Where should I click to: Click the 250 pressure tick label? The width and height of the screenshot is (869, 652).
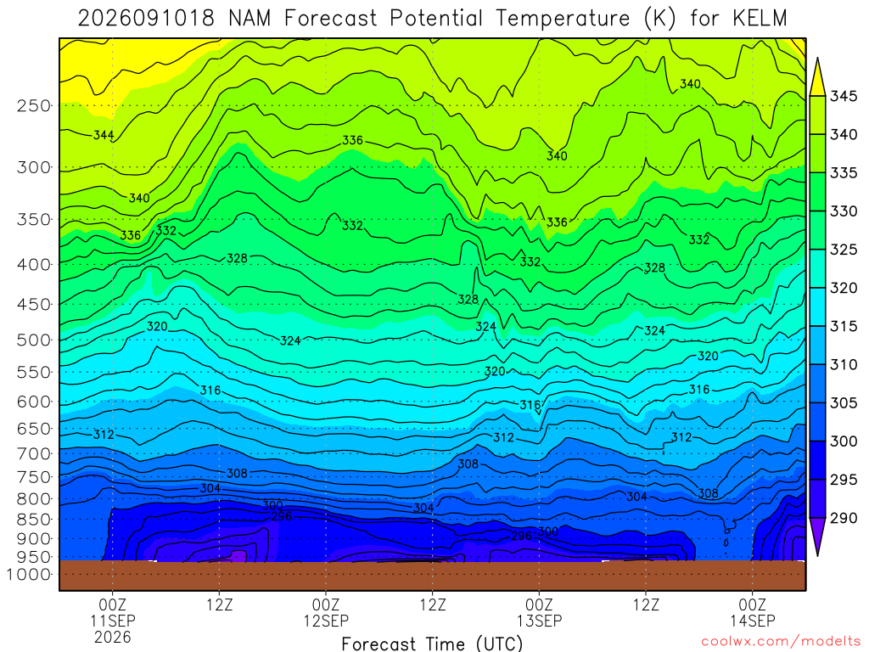click(x=33, y=105)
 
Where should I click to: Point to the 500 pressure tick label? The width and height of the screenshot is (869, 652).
click(x=33, y=340)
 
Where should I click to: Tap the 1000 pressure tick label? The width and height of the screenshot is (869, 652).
click(x=29, y=575)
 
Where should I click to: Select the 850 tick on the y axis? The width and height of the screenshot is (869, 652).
click(x=33, y=520)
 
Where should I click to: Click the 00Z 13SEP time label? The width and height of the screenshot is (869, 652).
click(x=539, y=612)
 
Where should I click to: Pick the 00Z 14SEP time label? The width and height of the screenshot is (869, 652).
click(x=753, y=612)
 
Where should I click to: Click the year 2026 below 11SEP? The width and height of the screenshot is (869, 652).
click(x=113, y=637)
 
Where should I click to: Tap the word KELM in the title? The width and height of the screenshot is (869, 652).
click(x=760, y=19)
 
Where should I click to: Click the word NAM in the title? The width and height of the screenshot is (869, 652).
click(x=249, y=19)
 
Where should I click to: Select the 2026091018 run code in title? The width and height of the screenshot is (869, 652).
click(x=146, y=19)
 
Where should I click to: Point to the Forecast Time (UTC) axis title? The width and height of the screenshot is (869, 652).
click(x=432, y=644)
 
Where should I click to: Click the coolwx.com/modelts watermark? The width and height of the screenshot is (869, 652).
click(x=781, y=642)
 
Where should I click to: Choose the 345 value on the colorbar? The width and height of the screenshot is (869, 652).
click(x=844, y=96)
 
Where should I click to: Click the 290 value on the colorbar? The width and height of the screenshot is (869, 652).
click(x=844, y=518)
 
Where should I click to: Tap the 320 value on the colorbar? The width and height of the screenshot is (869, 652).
click(x=844, y=288)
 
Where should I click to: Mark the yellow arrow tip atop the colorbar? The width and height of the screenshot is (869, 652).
click(x=817, y=58)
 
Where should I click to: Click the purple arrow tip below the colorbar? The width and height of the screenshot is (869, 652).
click(x=817, y=555)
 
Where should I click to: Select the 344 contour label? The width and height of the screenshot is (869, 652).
click(x=104, y=135)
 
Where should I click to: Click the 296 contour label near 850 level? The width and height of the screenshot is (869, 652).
click(x=281, y=517)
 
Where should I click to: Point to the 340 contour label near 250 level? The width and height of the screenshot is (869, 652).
click(x=691, y=84)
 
